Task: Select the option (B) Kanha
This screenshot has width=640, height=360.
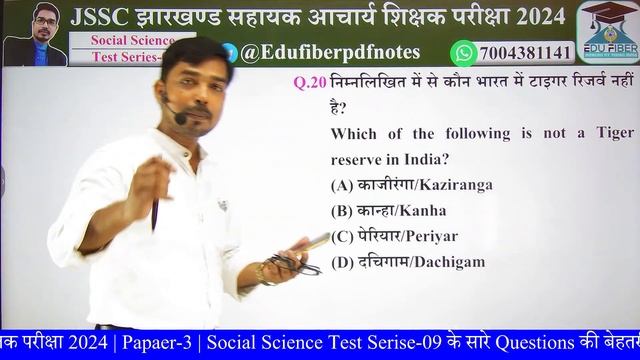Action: coord(388,211)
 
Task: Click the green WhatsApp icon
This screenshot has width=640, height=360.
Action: coord(463,52)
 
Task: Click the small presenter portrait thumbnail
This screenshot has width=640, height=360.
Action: coord(34,35)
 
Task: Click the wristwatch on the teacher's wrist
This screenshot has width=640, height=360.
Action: coord(265,271)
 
